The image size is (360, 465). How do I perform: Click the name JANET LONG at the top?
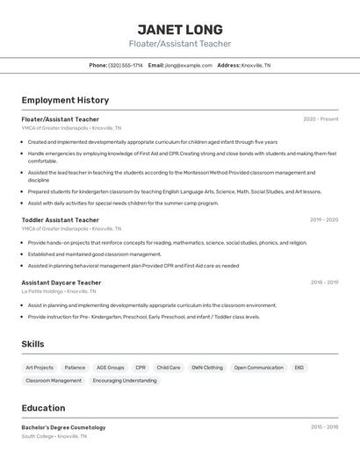click(x=180, y=29)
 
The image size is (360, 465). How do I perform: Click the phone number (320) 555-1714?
click(x=126, y=65)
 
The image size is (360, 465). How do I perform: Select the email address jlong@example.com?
click(x=188, y=65)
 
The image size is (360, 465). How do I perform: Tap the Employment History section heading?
click(x=65, y=100)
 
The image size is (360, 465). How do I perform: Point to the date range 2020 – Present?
click(x=320, y=119)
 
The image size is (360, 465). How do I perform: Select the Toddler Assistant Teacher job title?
click(x=61, y=220)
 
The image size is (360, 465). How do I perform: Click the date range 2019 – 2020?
click(x=324, y=220)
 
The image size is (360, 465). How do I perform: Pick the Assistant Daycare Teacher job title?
click(x=61, y=283)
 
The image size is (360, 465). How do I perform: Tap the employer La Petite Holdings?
click(x=42, y=291)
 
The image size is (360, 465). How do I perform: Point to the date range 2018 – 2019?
click(x=324, y=283)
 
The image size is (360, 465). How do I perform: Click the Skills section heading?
click(x=32, y=344)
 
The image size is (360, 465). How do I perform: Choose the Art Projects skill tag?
click(x=40, y=368)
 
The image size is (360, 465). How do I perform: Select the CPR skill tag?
click(x=140, y=368)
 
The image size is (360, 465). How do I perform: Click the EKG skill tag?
click(x=299, y=368)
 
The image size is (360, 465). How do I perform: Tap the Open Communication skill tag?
click(x=259, y=368)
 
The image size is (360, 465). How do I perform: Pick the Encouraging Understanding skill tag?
click(x=125, y=381)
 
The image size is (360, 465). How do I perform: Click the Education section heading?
click(x=43, y=408)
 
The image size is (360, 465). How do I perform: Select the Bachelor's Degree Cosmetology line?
click(x=63, y=427)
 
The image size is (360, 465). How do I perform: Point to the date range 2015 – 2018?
click(x=324, y=427)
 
